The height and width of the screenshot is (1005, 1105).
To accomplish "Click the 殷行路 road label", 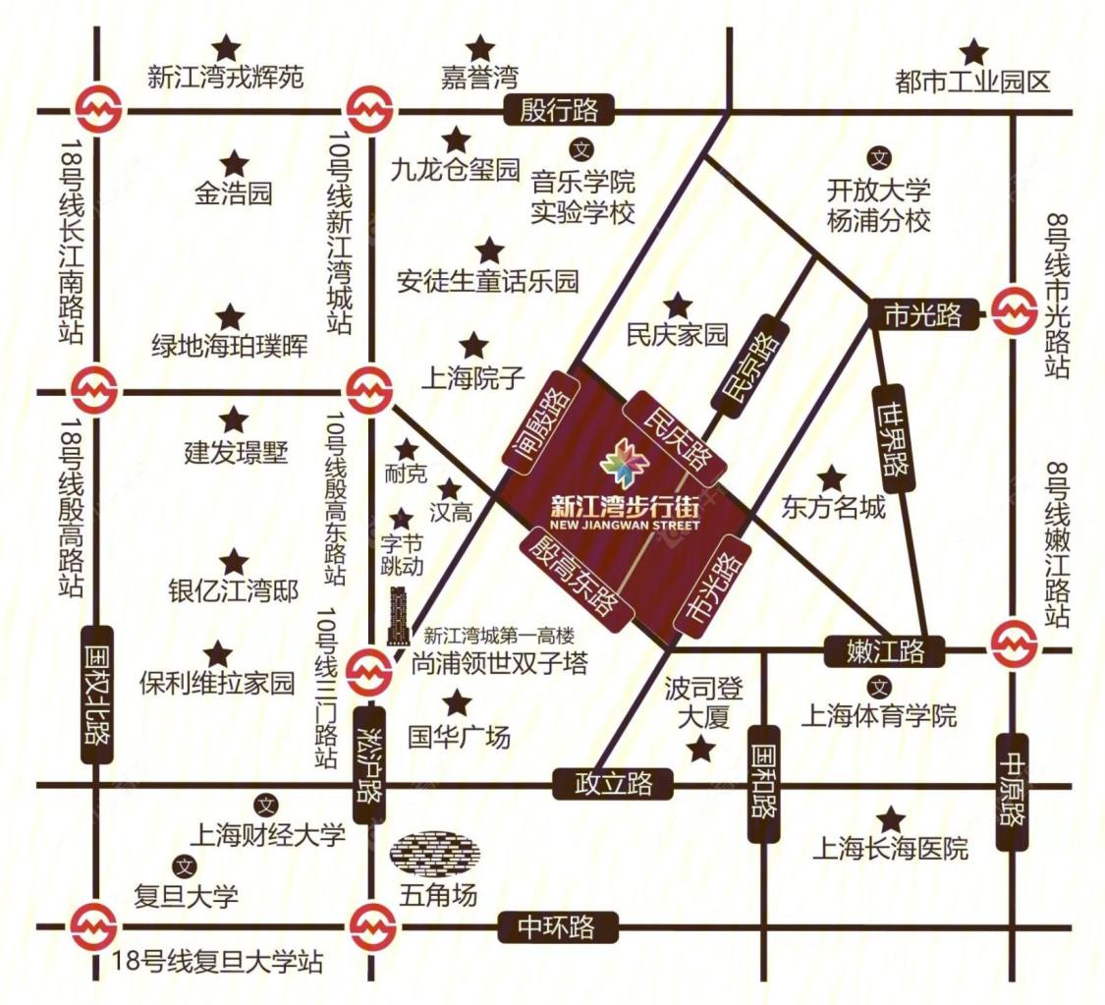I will [558, 109].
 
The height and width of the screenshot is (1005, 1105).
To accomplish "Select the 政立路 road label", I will [614, 784].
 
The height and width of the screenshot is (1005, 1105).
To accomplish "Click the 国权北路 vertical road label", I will [96, 694].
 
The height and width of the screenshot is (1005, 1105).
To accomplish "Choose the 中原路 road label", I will [1014, 792].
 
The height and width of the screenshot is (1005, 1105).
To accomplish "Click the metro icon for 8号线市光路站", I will [1014, 313].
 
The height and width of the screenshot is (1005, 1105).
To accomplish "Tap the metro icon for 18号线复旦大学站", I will [95, 925].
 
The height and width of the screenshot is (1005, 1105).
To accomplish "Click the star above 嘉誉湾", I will [479, 48].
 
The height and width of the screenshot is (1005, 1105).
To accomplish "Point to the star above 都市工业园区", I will [973, 52].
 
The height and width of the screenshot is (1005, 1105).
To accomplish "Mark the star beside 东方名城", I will [832, 478].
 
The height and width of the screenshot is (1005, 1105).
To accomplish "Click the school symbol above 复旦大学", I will [184, 866].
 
